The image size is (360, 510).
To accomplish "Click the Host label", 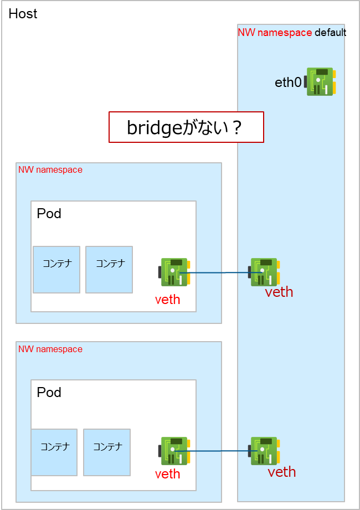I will pyautogui.click(x=23, y=14).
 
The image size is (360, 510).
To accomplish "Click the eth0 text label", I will pyautogui.click(x=288, y=83).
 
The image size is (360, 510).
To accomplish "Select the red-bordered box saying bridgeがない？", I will pyautogui.click(x=186, y=127).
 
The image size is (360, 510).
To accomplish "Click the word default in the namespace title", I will pyautogui.click(x=330, y=33).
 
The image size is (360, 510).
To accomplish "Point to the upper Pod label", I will pyautogui.click(x=49, y=213).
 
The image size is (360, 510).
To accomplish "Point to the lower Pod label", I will pyautogui.click(x=49, y=393).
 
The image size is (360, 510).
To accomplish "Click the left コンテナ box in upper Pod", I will pyautogui.click(x=56, y=270).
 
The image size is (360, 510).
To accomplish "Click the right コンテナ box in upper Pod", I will pyautogui.click(x=109, y=270).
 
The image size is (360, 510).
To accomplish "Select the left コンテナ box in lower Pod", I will pyautogui.click(x=54, y=452).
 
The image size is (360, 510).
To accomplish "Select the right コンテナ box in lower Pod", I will pyautogui.click(x=107, y=452).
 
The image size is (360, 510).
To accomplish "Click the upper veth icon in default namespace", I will pyautogui.click(x=264, y=272).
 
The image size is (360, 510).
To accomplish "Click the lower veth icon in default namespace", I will pyautogui.click(x=264, y=451).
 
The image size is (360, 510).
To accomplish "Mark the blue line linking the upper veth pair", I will pyautogui.click(x=219, y=272).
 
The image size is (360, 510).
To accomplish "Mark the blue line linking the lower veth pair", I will pyautogui.click(x=219, y=451).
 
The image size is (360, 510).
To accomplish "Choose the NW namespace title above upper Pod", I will pyautogui.click(x=50, y=170).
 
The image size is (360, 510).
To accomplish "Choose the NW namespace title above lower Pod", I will pyautogui.click(x=50, y=349).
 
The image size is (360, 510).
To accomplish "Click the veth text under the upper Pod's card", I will pyautogui.click(x=167, y=300).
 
